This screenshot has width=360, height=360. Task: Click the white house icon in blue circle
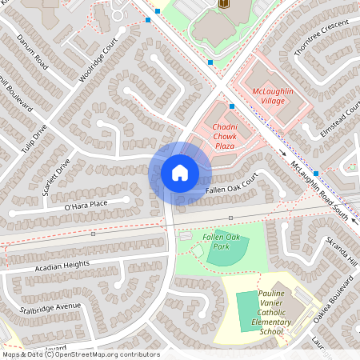(179, 173)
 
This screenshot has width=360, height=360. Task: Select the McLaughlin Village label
(274, 98)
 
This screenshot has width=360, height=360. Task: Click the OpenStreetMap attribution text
(80, 354)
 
